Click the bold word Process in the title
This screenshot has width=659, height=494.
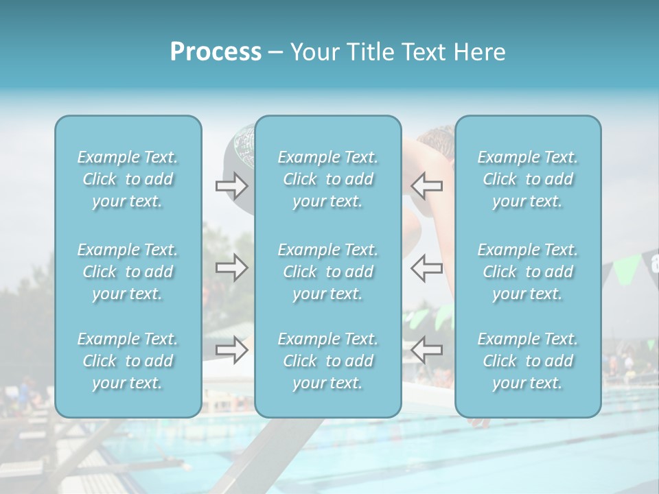pyautogui.click(x=216, y=52)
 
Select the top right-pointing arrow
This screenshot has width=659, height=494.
pyautogui.click(x=231, y=186)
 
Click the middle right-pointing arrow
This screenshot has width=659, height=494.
pyautogui.click(x=231, y=268)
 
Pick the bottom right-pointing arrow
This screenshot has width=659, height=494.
pyautogui.click(x=231, y=350)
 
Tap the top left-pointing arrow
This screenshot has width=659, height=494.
pyautogui.click(x=426, y=186)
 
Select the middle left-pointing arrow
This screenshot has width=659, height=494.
pyautogui.click(x=426, y=268)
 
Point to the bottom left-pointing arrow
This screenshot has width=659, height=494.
pyautogui.click(x=426, y=350)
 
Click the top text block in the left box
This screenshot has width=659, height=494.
pyautogui.click(x=128, y=179)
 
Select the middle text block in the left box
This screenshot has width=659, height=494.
pyautogui.click(x=128, y=272)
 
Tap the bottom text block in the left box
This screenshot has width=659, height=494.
pyautogui.click(x=128, y=361)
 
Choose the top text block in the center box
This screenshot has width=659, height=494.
pyautogui.click(x=328, y=179)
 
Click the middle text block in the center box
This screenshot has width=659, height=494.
pyautogui.click(x=328, y=272)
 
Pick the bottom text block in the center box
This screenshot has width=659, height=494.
pyautogui.click(x=328, y=361)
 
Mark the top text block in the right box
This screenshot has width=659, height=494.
pyautogui.click(x=528, y=179)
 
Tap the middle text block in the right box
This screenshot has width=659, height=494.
pyautogui.click(x=528, y=272)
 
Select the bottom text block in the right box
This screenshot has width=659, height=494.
pyautogui.click(x=528, y=361)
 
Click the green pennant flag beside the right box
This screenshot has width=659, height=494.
pyautogui.click(x=625, y=268)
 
